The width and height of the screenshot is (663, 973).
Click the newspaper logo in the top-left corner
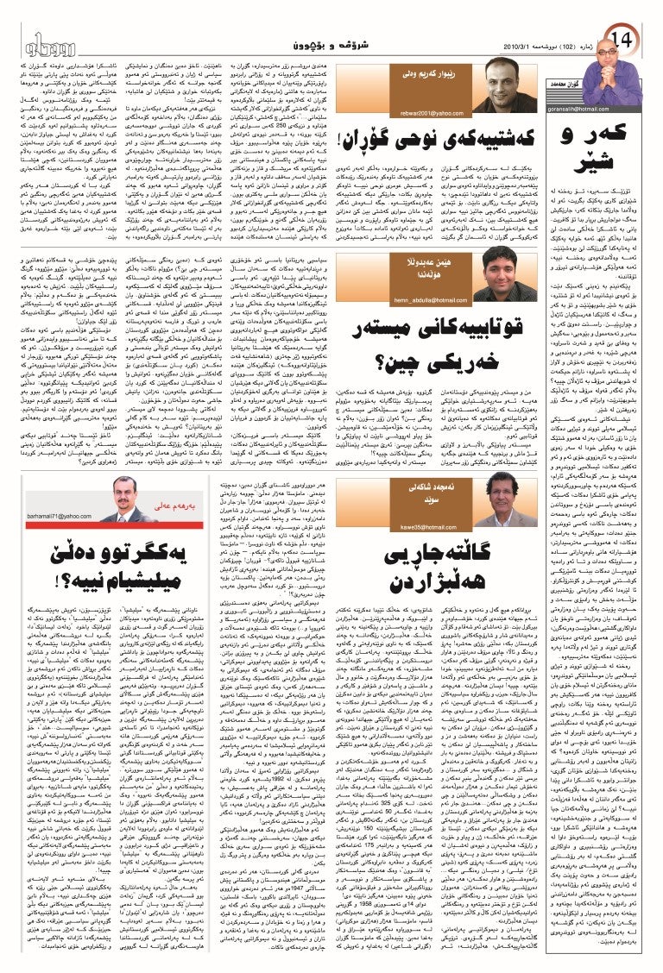[40, 41]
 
